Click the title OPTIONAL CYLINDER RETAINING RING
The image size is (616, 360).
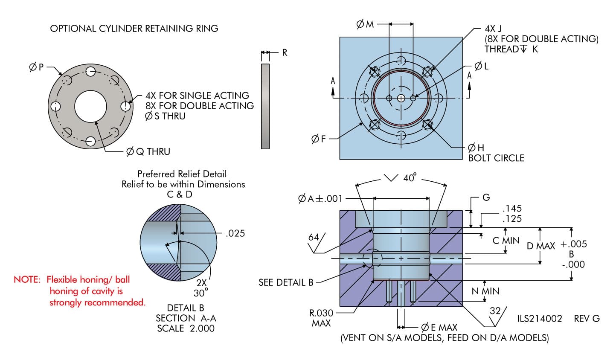(134, 29)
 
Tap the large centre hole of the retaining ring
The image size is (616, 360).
(90, 107)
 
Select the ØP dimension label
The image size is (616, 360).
(36, 67)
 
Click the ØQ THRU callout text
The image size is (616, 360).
(148, 151)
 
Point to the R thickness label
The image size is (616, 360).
(285, 53)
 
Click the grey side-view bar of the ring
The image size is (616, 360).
(265, 106)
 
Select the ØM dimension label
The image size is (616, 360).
(365, 25)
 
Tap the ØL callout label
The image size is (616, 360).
(481, 67)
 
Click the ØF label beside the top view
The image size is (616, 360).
(318, 139)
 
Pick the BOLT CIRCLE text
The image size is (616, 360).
(496, 158)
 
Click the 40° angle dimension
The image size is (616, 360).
(409, 178)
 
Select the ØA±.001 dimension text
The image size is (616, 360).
(320, 198)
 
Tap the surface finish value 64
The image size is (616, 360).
(314, 237)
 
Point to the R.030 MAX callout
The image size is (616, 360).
(321, 318)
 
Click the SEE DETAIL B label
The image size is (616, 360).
(286, 282)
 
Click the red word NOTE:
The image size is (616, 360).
(27, 280)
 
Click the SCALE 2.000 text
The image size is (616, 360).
(186, 328)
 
